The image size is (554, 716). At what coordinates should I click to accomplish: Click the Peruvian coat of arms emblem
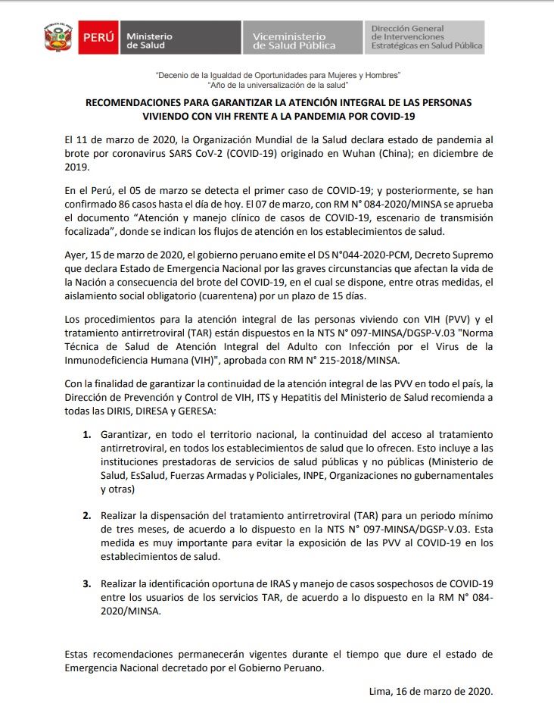click(58, 36)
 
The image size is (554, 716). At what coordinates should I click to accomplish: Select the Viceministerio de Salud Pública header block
click(301, 37)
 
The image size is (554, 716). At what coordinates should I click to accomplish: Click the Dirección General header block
click(426, 37)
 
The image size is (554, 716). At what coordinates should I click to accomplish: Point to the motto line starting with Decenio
click(277, 76)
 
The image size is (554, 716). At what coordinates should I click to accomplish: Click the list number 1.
click(86, 435)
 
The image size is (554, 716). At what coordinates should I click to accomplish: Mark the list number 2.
click(86, 515)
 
